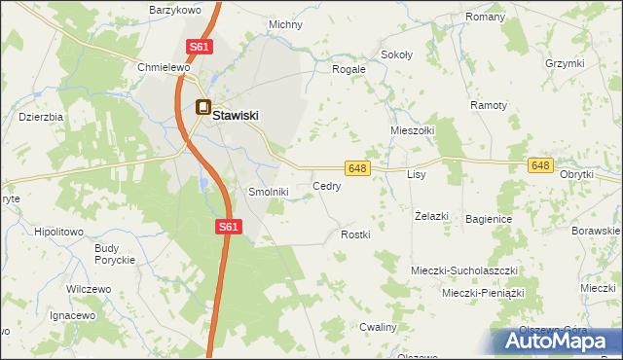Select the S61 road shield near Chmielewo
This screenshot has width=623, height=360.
199,47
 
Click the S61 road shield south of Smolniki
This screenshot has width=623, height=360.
227,227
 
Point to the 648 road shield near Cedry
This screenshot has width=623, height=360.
357,168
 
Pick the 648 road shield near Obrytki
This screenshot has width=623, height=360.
542,166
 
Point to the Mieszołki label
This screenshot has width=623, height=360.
412,129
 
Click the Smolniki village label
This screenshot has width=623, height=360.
269,193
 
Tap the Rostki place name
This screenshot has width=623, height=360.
356,235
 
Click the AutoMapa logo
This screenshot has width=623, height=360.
557,341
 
